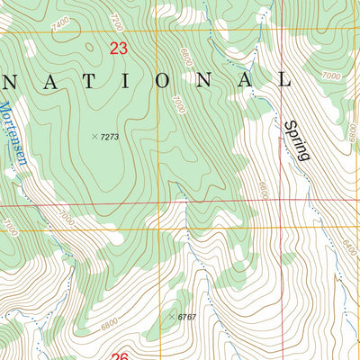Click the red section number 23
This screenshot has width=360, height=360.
click(x=118, y=49)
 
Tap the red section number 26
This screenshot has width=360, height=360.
click(x=120, y=356)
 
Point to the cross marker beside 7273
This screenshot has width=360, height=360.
click(x=94, y=137)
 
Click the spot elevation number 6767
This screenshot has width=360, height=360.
click(x=186, y=317)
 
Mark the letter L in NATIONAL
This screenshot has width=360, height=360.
click(x=286, y=80)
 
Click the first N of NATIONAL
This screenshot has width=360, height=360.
click(x=12, y=80)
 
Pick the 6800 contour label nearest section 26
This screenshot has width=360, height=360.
click(x=109, y=321)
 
